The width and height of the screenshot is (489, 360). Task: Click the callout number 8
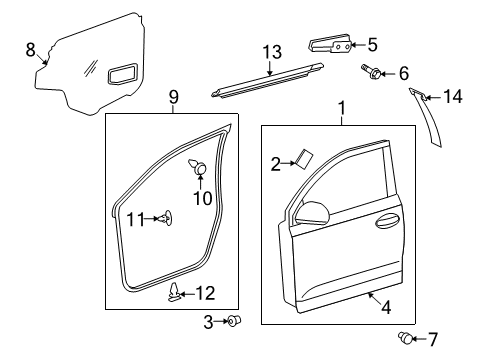click(x=30, y=48)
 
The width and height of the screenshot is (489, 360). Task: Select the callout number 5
click(x=372, y=44)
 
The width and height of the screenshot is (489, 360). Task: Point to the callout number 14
click(x=455, y=97)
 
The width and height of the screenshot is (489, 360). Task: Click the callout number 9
click(x=173, y=97)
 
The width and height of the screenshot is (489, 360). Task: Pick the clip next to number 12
click(x=176, y=291)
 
